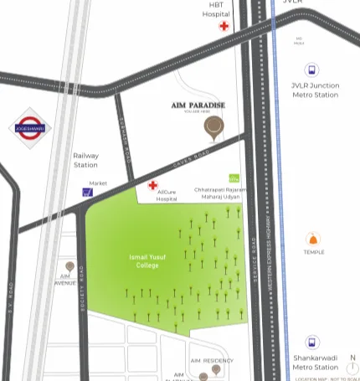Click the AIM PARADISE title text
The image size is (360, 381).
pos(198,105)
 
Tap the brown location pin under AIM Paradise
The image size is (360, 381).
pos(214,128)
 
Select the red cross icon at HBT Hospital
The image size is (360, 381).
pos(224,27)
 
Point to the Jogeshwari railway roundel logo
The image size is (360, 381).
pos(31,129)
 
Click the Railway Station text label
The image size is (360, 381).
pos(85,160)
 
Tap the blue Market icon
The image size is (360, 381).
pos(87,192)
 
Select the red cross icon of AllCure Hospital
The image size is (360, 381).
pos(152,185)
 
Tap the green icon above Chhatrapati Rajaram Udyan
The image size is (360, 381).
pos(234,178)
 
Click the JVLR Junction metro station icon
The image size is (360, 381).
pos(311,71)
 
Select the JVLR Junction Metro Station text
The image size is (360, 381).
pos(315,90)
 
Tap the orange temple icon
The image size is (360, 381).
pos(315,240)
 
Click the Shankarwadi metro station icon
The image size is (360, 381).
pos(311,342)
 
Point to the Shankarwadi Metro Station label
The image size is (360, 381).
pos(315,362)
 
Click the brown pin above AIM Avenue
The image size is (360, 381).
pos(68,266)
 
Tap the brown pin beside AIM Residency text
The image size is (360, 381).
pos(216,368)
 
